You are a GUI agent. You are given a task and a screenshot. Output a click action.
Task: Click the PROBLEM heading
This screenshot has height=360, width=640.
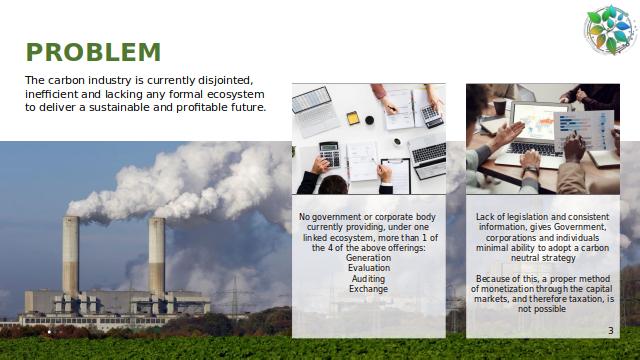(93, 52)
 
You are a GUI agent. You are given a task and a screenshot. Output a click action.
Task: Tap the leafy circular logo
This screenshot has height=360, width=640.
(610, 30)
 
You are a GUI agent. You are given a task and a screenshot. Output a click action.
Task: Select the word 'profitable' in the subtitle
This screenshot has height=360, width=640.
(202, 107)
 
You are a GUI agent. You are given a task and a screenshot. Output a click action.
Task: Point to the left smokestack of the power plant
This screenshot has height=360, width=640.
(71, 256)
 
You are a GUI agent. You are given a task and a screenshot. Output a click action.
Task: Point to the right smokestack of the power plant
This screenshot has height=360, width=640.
(157, 257)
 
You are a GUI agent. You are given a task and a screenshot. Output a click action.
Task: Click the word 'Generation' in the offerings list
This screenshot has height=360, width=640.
(369, 258)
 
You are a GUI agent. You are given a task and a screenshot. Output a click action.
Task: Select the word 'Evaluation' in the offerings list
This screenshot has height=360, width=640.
(369, 268)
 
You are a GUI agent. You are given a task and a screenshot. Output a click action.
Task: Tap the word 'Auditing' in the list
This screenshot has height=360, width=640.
(369, 279)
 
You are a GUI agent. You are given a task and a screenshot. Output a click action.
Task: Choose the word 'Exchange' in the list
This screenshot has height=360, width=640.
(369, 289)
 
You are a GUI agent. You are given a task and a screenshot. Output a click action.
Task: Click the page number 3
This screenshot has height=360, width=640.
(611, 331)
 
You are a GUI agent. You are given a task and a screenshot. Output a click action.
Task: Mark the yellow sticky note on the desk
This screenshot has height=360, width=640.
(353, 118)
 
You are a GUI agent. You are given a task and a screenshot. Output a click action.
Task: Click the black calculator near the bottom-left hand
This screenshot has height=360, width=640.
(330, 154)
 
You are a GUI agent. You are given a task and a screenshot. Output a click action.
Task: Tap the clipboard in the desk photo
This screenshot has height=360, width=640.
(396, 176)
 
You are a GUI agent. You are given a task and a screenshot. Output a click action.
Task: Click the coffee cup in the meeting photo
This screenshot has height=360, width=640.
(500, 107)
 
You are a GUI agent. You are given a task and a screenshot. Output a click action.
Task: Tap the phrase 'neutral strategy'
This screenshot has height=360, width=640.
(543, 258)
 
